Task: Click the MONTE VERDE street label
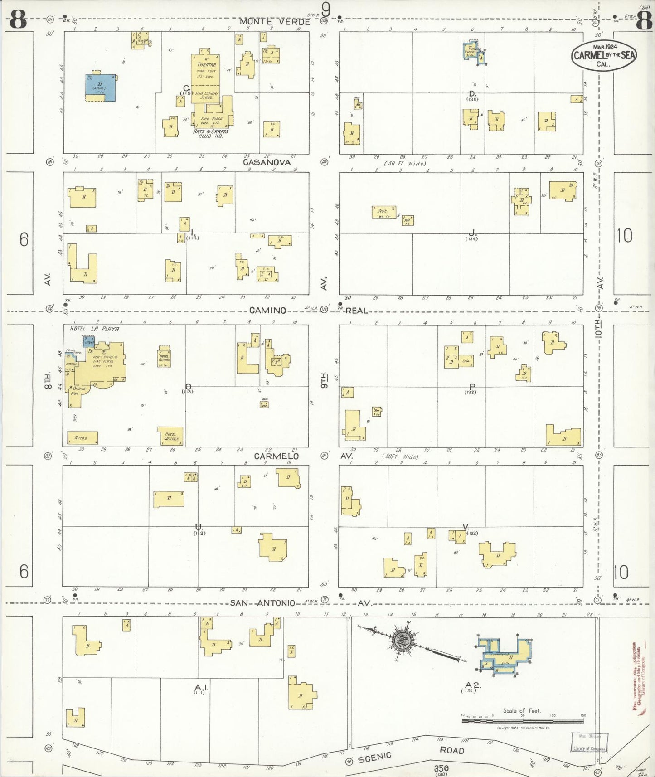tap(274, 21)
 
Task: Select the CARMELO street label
tap(276, 456)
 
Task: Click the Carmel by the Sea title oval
tap(604, 55)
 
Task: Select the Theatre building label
tap(206, 64)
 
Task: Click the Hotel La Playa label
tap(94, 329)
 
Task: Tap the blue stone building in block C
tap(100, 87)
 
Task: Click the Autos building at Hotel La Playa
tap(82, 438)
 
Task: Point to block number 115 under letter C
tap(186, 93)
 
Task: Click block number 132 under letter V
tap(472, 533)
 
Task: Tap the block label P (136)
tap(472, 388)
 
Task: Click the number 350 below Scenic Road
tap(441, 768)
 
